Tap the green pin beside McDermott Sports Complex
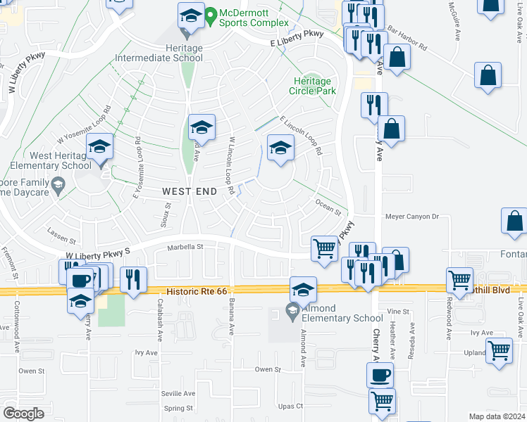211,14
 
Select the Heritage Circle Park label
312,86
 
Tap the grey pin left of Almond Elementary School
292,309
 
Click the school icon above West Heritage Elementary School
99,148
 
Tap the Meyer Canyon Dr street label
411,217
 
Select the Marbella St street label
185,247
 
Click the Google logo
23,414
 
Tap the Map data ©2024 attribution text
496,416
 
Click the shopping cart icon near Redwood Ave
459,279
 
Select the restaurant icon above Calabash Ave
133,279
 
